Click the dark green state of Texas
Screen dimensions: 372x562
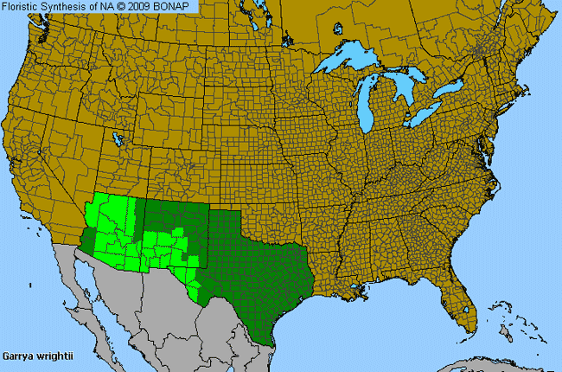[x=251, y=268]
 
